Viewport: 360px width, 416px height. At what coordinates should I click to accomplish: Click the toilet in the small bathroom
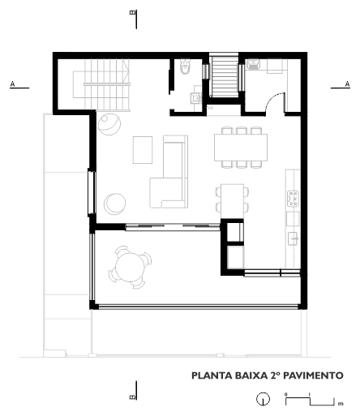[186, 66]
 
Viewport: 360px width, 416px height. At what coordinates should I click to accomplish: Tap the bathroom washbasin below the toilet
[195, 98]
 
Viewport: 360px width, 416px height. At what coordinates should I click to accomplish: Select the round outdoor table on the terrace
[130, 267]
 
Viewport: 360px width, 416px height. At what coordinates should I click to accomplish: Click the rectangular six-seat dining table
[241, 148]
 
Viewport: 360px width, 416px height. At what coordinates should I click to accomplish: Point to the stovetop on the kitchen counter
[294, 199]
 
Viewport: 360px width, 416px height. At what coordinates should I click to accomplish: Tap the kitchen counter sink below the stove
[293, 238]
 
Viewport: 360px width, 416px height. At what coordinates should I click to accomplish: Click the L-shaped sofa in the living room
[169, 172]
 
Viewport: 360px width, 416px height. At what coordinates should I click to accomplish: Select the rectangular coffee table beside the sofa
[143, 150]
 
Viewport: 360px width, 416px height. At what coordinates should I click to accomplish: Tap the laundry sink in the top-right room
[253, 65]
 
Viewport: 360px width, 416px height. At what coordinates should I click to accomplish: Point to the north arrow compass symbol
[263, 399]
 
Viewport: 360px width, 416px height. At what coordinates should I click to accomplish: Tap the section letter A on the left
[12, 84]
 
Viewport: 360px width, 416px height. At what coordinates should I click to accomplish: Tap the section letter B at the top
[133, 13]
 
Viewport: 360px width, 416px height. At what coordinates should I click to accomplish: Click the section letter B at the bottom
[133, 397]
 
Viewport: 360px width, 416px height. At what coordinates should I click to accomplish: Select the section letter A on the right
[347, 84]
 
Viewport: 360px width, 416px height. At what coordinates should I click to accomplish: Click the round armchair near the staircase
[109, 124]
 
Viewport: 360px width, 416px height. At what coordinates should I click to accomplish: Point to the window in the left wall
[92, 192]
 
